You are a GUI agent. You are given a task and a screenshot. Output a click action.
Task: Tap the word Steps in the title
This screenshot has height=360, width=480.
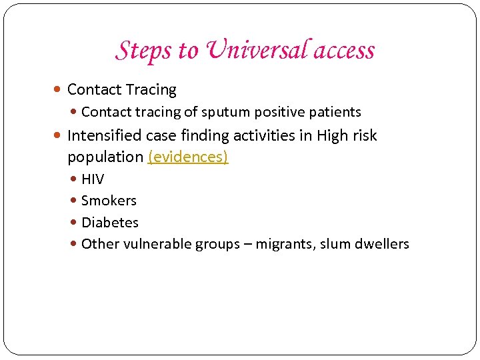click(x=137, y=50)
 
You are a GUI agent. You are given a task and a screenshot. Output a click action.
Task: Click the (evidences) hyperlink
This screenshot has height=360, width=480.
click(x=188, y=157)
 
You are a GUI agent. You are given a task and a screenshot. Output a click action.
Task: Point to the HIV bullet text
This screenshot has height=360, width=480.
click(x=93, y=179)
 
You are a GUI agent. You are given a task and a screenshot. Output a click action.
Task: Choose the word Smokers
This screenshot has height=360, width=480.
click(x=109, y=201)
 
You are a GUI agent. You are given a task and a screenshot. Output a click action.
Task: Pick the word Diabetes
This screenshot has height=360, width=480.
click(x=110, y=222)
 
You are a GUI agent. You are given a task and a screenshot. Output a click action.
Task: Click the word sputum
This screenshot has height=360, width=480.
click(x=235, y=112)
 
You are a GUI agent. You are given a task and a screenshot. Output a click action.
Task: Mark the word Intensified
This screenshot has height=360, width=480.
click(x=104, y=136)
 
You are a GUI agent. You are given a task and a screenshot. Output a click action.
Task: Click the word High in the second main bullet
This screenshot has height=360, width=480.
click(x=331, y=136)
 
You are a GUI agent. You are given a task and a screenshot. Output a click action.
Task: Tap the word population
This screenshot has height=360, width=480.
click(x=105, y=157)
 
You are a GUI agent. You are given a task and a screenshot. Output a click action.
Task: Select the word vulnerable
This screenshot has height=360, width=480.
click(x=159, y=244)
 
